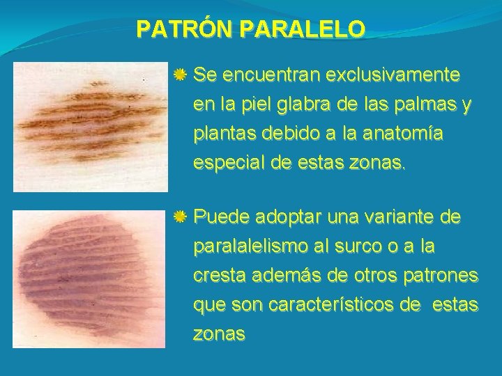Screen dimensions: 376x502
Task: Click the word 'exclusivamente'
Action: click(395, 74)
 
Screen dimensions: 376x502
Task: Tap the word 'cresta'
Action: click(218, 277)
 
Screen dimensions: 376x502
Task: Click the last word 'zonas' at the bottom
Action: click(219, 335)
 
